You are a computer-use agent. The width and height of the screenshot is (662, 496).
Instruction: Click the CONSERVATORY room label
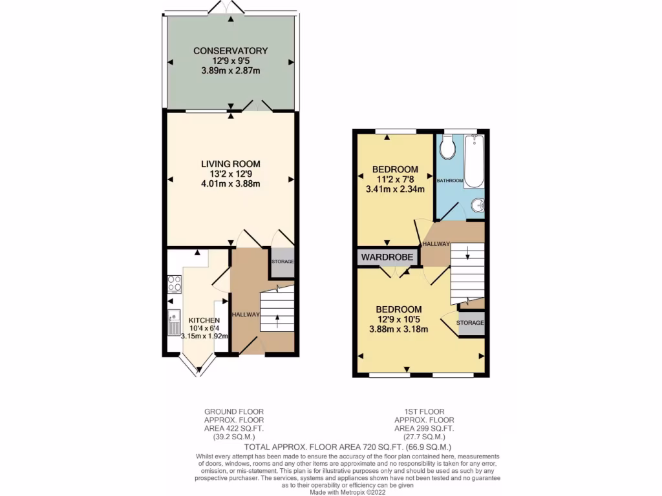click(230, 50)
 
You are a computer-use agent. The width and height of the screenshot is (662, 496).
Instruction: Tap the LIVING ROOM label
click(230, 164)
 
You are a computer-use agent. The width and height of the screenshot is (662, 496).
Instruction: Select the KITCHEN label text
click(204, 320)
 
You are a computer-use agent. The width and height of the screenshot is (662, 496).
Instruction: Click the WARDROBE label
click(387, 257)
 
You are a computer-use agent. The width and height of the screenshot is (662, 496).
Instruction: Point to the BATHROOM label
click(450, 180)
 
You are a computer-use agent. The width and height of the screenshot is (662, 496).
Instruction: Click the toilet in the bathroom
click(447, 148)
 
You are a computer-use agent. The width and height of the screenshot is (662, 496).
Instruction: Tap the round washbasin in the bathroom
click(476, 205)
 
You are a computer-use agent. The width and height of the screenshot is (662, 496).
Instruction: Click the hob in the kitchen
click(175, 284)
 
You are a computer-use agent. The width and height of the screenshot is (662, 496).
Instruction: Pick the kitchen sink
click(173, 322)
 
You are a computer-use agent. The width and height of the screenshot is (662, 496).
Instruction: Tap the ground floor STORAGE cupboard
click(282, 262)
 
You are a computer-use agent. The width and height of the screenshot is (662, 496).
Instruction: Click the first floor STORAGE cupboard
click(471, 322)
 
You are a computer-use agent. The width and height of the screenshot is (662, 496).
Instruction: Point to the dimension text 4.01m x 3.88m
click(230, 183)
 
